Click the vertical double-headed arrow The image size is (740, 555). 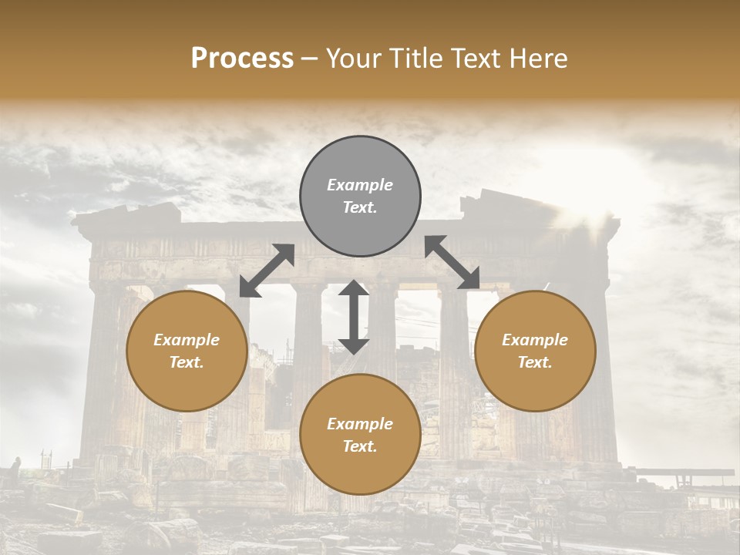tap(354, 317)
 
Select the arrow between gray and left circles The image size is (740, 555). tap(267, 271)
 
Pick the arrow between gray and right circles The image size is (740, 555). tap(452, 263)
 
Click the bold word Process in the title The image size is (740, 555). tap(242, 59)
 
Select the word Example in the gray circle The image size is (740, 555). tap(360, 185)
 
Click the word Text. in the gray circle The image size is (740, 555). tap(360, 207)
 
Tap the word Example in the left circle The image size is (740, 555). tap(187, 340)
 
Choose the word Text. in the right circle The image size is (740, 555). tap(535, 362)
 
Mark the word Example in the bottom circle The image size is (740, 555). tap(360, 424)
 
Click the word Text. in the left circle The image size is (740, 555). tap(187, 362)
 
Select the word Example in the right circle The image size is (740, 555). tap(535, 340)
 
